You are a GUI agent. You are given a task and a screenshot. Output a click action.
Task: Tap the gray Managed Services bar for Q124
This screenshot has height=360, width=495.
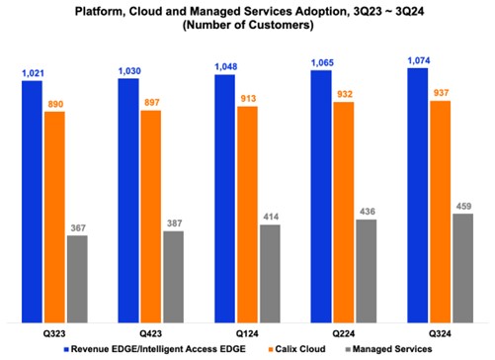pyautogui.click(x=269, y=272)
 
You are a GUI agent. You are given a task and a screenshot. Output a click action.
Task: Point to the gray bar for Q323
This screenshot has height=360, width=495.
pyautogui.click(x=77, y=278)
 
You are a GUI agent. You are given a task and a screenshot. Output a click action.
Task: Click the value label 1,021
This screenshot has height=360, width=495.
pyautogui.click(x=33, y=72)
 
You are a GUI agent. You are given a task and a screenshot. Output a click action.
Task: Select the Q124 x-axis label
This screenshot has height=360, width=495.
pyautogui.click(x=247, y=331)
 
